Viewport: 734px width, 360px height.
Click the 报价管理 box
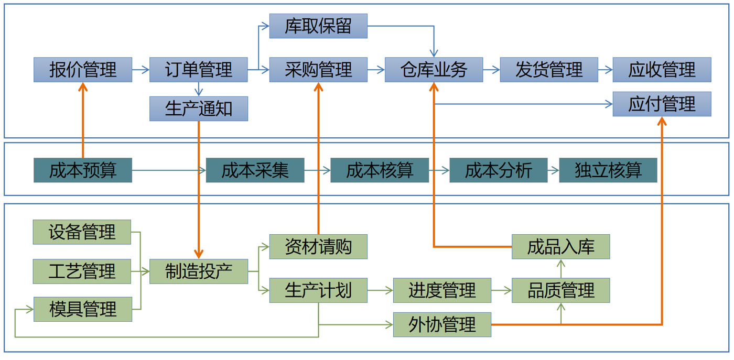point(83,70)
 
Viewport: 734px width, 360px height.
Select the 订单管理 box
point(198,70)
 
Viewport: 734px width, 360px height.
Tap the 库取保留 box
point(318,26)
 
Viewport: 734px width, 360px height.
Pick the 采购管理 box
point(318,70)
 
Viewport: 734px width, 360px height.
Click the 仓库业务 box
point(434,70)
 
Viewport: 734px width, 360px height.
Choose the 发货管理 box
point(549,70)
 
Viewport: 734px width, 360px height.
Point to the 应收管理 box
point(662,70)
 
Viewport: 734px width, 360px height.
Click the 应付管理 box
point(662,104)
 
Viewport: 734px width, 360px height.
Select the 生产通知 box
point(198,109)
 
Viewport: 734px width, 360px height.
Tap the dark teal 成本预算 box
point(83,170)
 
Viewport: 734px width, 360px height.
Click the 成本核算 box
point(380,170)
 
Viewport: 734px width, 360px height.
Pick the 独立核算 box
point(608,170)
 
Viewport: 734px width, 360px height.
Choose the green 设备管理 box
point(82,232)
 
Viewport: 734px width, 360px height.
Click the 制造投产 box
point(198,271)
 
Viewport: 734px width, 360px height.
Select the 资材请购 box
point(318,246)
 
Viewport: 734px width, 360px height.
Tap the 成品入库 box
point(560,246)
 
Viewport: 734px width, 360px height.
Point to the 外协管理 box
point(442,324)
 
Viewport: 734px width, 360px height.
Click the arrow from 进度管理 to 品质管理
point(501,290)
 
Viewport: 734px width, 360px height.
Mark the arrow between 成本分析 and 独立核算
point(553,170)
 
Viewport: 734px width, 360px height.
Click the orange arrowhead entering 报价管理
point(83,87)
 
